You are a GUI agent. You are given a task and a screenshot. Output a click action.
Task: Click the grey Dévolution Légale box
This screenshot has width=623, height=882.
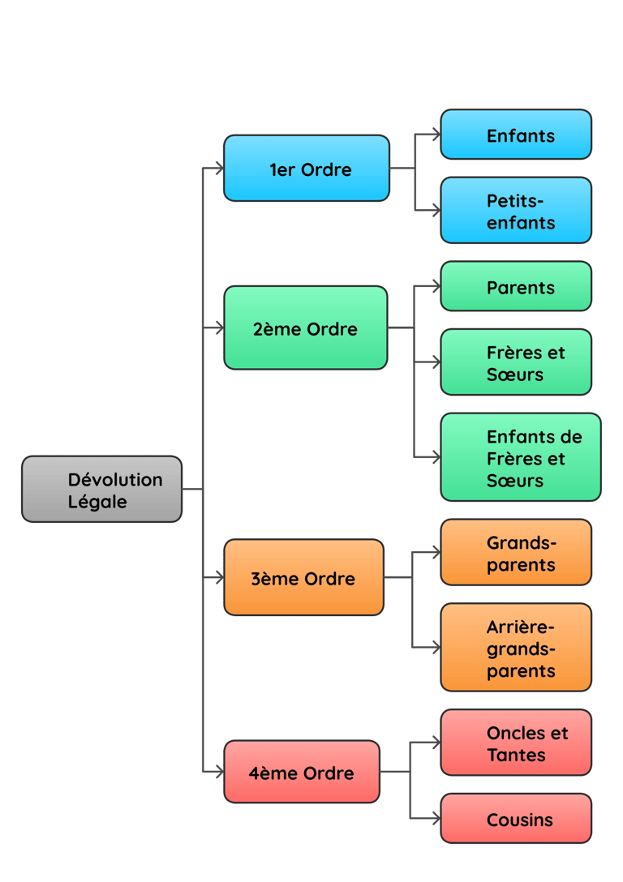click(x=101, y=489)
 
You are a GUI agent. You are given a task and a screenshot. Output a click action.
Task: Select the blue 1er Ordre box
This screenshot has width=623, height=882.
click(x=307, y=169)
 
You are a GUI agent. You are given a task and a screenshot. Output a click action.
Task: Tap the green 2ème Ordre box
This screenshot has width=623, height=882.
click(x=305, y=328)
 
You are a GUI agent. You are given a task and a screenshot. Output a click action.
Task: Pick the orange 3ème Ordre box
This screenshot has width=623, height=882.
click(x=303, y=577)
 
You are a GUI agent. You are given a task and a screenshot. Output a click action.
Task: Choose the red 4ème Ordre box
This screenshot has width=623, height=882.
click(x=302, y=772)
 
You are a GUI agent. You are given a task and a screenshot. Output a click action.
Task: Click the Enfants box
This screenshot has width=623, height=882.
click(x=516, y=135)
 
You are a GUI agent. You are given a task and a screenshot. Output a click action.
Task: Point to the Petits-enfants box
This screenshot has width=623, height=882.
click(x=516, y=211)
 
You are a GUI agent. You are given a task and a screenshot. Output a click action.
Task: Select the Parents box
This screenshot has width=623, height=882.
click(x=516, y=286)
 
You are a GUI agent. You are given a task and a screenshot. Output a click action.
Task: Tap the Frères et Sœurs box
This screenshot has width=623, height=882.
click(x=516, y=362)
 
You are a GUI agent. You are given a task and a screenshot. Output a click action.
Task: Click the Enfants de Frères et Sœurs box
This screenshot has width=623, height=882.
click(x=521, y=457)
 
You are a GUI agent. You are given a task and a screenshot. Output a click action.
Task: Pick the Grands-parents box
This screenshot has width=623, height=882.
click(x=516, y=553)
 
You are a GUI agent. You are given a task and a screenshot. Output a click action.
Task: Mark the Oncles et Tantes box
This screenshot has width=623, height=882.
click(x=516, y=743)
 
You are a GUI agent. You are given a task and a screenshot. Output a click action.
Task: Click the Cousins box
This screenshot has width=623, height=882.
click(x=516, y=819)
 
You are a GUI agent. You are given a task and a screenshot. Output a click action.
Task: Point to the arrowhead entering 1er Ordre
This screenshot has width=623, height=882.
click(x=217, y=169)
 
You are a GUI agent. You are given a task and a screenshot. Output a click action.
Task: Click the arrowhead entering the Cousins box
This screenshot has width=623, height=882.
click(x=436, y=818)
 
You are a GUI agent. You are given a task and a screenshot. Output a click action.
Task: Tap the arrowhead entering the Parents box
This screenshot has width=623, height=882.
click(x=436, y=286)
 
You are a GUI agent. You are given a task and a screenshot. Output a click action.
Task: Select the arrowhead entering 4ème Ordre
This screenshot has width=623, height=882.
click(x=217, y=771)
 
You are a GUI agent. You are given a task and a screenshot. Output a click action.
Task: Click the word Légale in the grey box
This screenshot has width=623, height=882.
click(x=97, y=502)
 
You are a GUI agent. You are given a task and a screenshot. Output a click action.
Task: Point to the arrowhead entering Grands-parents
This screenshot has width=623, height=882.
click(x=436, y=553)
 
